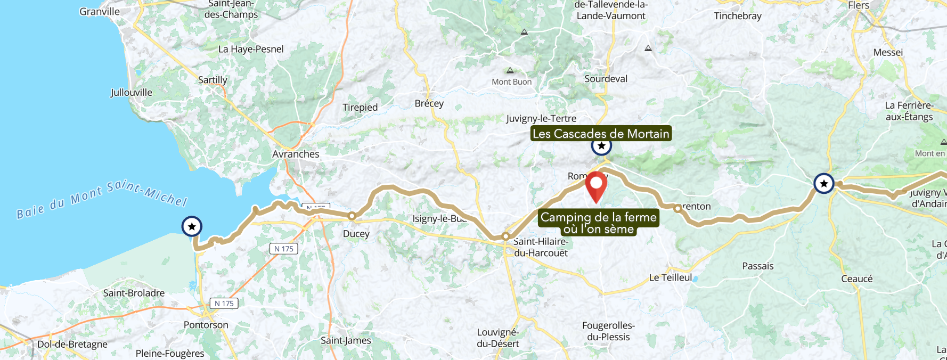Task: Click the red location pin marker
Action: click(596, 184)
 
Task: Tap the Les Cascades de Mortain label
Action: click(601, 134)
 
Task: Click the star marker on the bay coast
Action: click(192, 226)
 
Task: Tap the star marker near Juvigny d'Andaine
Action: click(824, 184)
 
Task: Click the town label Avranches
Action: click(296, 154)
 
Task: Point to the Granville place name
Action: click(100, 12)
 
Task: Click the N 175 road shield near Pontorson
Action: click(224, 304)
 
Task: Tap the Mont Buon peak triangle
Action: click(510, 70)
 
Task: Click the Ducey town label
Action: click(356, 234)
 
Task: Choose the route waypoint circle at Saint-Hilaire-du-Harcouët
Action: click(506, 236)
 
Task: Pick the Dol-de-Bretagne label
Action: click(72, 344)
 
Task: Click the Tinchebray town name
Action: click(738, 16)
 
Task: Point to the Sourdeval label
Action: click(606, 79)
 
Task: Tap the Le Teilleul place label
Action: click(671, 277)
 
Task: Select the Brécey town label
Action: click(429, 103)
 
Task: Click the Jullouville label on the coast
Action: click(132, 93)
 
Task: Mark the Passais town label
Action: click(758, 266)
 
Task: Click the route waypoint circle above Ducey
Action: click(352, 216)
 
